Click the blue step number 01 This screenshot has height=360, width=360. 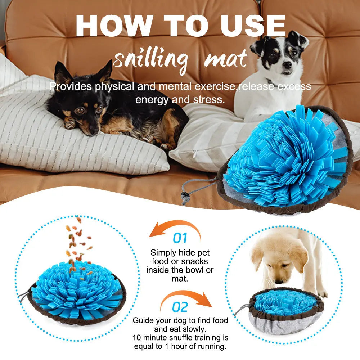point(180,238)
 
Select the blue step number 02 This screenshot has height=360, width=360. point(180,307)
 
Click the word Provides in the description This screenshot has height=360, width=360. point(71,87)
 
